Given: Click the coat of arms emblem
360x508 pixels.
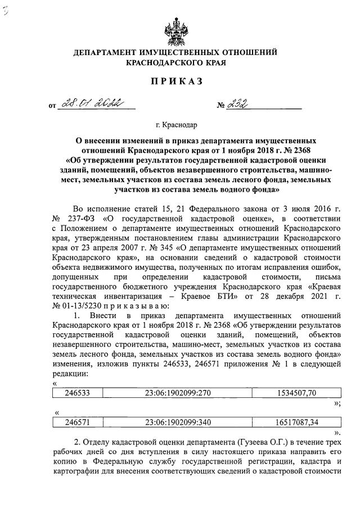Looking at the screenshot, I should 179,28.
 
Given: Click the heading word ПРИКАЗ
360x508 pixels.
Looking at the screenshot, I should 179,82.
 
